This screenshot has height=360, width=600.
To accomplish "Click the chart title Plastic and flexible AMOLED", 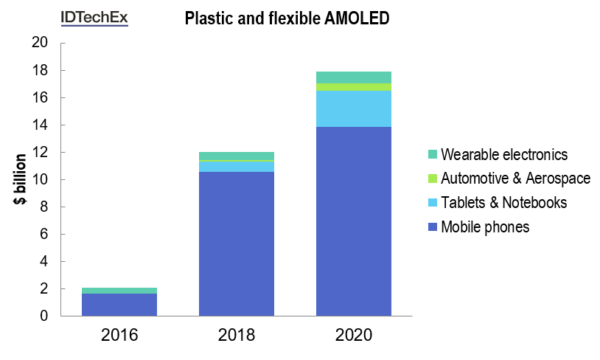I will [286, 20].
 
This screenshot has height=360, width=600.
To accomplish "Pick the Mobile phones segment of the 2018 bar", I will [237, 243].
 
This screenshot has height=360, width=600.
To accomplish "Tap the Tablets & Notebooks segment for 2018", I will [237, 166].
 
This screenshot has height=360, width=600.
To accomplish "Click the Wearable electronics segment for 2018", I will [237, 156].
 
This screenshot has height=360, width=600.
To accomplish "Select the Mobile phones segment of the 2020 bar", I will [353, 221].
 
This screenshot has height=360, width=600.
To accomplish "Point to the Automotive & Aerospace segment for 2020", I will [353, 87].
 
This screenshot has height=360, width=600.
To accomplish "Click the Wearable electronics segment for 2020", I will [353, 77].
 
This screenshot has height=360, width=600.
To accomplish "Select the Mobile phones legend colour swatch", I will [432, 227].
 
